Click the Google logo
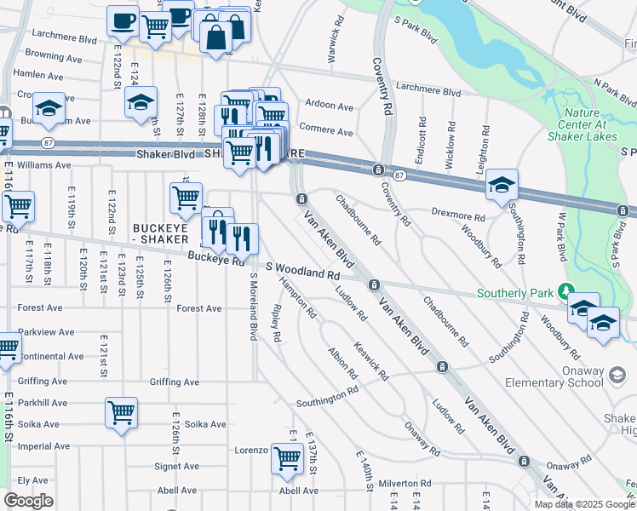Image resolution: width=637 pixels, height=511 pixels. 28,501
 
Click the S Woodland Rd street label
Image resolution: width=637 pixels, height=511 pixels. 302,271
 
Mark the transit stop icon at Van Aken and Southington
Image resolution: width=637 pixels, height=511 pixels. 441,366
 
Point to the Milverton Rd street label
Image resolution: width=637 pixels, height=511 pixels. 406,483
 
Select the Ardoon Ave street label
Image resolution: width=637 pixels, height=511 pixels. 329,106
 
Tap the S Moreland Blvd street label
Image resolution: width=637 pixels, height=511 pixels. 253,307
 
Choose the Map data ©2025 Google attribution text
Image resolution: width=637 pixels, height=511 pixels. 583,504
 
